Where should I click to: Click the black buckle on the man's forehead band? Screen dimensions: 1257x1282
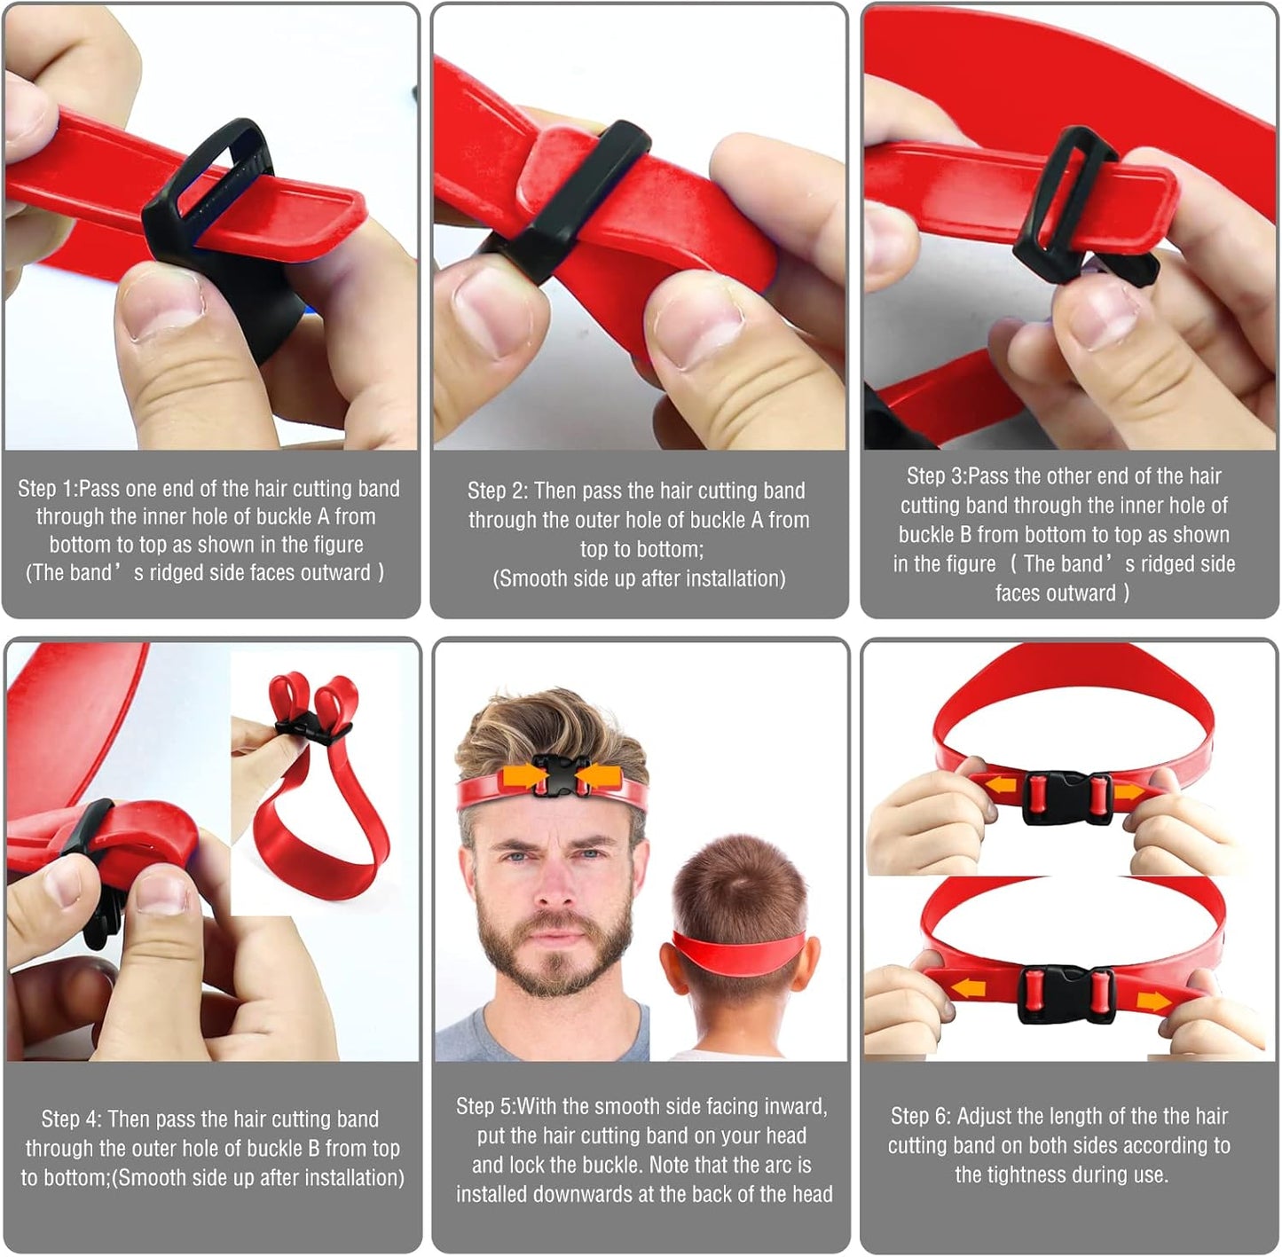(551, 774)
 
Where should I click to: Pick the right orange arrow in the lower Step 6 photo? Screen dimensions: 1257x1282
(1153, 1002)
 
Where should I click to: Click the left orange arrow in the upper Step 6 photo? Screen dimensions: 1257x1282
(1002, 785)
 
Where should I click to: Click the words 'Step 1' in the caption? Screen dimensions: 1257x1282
(46, 489)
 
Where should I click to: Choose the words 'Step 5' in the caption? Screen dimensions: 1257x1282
(484, 1107)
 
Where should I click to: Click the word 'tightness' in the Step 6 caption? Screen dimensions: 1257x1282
(1033, 1175)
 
